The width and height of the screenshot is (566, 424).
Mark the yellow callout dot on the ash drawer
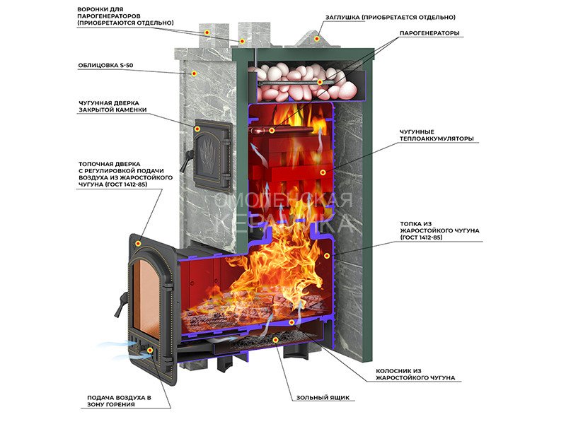click(x=276, y=340)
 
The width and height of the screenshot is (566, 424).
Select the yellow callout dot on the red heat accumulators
click(x=323, y=172)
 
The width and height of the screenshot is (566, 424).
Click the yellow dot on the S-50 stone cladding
click(x=193, y=72)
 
